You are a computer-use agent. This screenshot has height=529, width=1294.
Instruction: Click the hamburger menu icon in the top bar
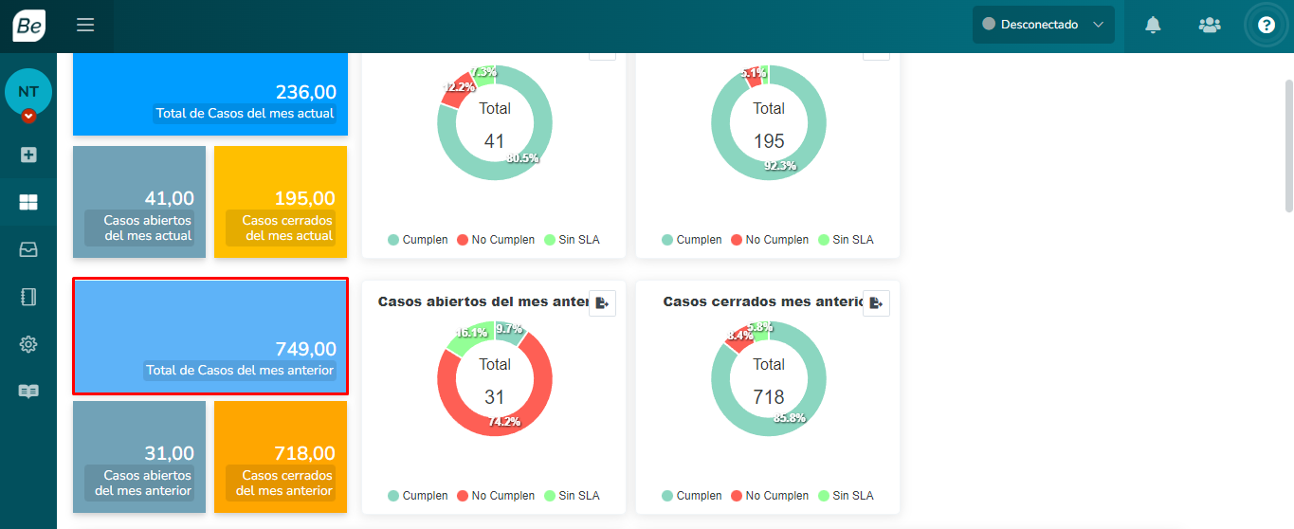[85, 25]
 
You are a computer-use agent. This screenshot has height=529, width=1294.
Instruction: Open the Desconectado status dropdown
[1043, 25]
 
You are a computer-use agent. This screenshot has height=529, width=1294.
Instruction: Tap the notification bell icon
[1153, 25]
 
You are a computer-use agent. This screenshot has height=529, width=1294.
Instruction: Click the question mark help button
[1267, 25]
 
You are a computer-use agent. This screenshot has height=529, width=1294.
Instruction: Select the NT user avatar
[28, 92]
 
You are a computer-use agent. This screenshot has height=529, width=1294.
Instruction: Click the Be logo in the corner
[28, 26]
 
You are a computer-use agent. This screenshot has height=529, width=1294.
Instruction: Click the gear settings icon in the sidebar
[28, 344]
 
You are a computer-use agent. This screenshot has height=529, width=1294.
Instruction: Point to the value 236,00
[305, 92]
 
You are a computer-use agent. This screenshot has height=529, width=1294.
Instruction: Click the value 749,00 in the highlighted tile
[305, 348]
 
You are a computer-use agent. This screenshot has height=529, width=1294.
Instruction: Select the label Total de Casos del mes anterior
[240, 370]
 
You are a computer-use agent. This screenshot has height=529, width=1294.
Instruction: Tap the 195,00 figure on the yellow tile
[304, 198]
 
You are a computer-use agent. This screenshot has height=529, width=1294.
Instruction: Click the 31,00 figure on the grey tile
[169, 453]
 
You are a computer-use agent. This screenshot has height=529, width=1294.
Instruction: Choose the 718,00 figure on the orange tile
[304, 453]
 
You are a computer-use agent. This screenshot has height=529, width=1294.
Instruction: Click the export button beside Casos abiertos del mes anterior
[602, 303]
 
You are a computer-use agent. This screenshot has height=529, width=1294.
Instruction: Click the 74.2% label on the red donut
[504, 422]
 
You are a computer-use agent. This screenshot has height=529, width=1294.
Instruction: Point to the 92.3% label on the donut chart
[780, 166]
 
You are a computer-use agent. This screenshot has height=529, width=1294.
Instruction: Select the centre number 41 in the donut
[495, 141]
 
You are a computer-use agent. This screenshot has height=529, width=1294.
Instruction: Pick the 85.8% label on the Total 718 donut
[789, 418]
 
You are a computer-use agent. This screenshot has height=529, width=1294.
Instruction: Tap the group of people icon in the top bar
[1210, 25]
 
